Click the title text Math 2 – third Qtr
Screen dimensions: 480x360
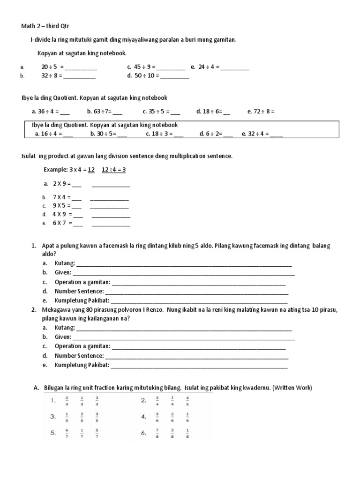point(46,26)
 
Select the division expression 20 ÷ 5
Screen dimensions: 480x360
point(49,67)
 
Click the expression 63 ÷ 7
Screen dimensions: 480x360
point(100,112)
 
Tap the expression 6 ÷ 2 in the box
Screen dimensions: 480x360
point(212,134)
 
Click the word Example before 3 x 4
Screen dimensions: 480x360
point(55,170)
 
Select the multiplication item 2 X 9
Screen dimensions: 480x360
point(61,184)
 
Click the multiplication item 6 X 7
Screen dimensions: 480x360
point(61,223)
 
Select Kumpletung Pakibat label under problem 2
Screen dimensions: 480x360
point(82,365)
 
